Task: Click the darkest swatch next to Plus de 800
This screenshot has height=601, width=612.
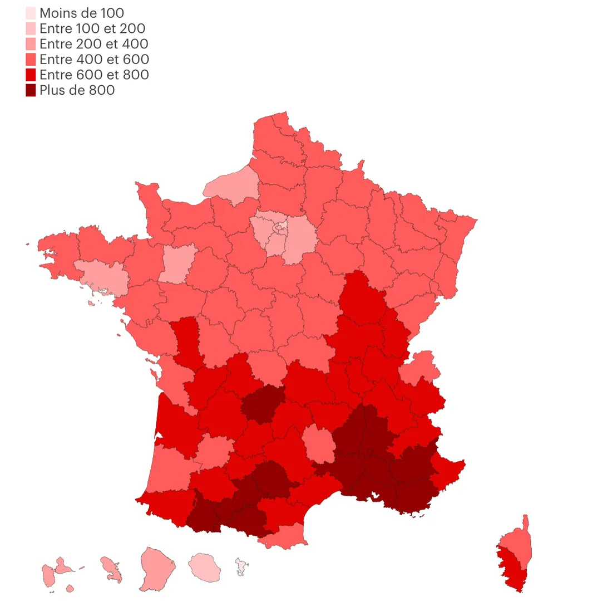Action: pos(31,90)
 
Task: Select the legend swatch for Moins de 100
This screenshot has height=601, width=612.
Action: pos(31,13)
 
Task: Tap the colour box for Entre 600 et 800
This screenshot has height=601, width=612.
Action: pos(31,75)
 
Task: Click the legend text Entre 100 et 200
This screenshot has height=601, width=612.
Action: pos(92,28)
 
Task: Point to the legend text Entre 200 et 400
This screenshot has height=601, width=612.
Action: pos(93,43)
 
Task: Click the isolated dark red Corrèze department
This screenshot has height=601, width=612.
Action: pos(262,400)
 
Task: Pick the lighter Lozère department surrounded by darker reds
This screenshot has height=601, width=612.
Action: pos(317,442)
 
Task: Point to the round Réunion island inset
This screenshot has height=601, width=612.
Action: pos(204,566)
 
